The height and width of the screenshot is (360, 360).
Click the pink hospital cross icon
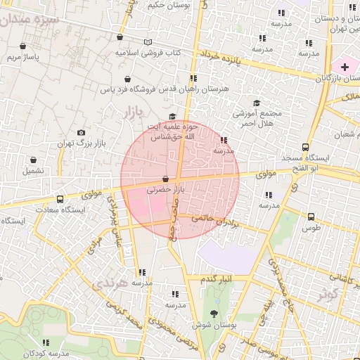tap(345, 66)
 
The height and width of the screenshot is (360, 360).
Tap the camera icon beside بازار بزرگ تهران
tap(82, 132)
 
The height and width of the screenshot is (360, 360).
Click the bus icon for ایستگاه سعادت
tap(60, 199)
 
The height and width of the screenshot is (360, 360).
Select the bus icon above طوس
tap(311, 217)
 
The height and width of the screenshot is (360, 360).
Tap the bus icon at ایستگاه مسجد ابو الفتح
tap(304, 147)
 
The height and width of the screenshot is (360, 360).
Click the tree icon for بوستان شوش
tap(214, 314)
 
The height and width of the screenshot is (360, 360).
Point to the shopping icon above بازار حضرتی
tap(165, 179)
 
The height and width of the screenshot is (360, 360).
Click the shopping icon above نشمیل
tap(32, 160)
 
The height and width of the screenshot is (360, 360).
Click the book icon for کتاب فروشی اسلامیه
tap(148, 42)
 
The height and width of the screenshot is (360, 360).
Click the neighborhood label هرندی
tap(110, 284)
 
